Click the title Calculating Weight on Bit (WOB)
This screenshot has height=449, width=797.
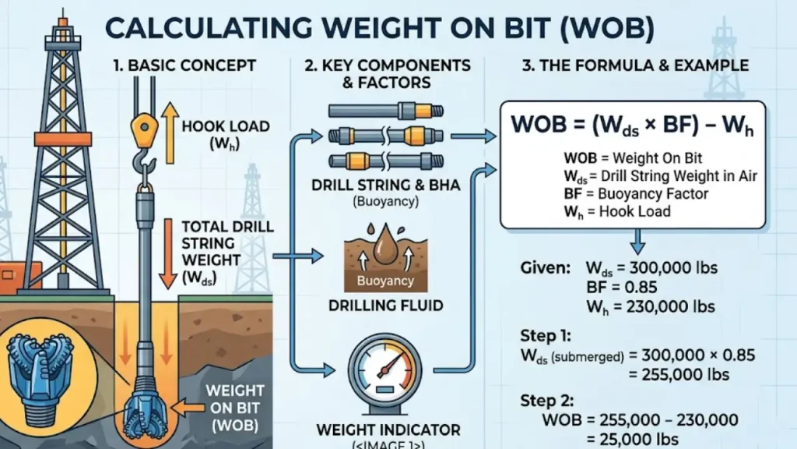(x=379, y=29)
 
